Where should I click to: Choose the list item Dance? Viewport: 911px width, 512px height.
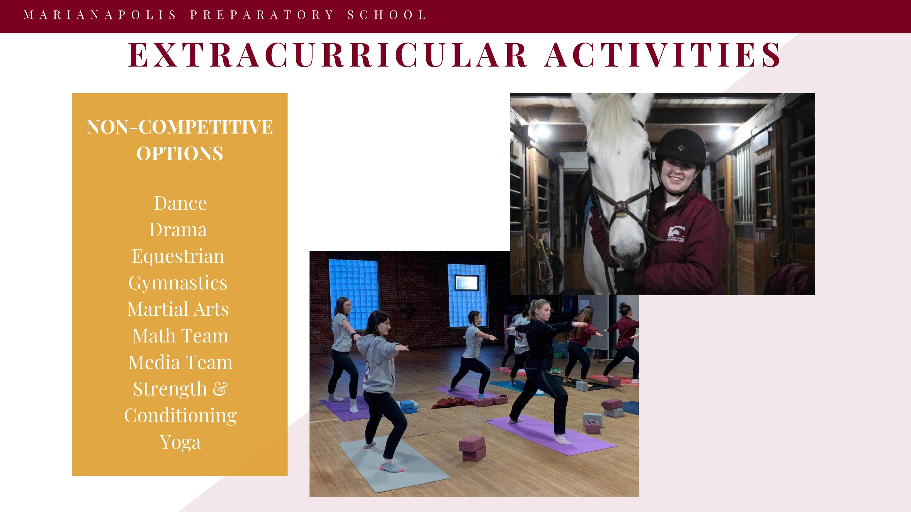click(x=180, y=203)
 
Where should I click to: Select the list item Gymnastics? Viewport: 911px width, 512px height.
click(x=178, y=283)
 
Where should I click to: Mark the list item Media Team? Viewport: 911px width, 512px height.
click(x=180, y=362)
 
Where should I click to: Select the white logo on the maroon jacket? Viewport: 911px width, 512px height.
click(x=676, y=233)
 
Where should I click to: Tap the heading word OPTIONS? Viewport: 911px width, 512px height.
click(x=180, y=153)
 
